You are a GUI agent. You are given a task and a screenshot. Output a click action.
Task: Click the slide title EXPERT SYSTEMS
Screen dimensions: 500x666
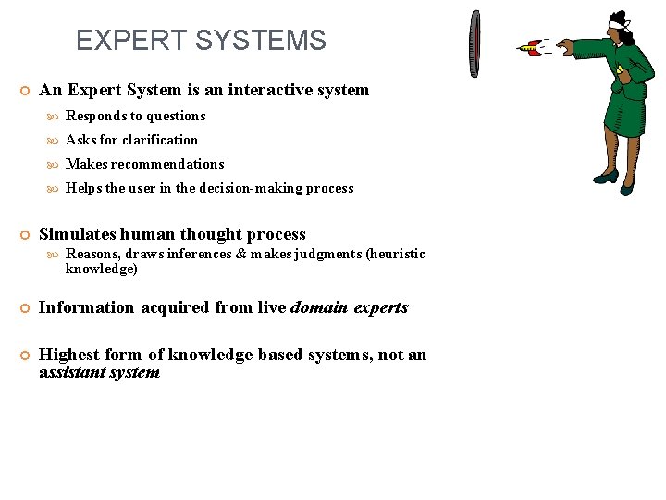point(201,41)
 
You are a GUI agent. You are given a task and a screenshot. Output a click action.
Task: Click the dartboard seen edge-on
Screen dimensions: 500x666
point(475,45)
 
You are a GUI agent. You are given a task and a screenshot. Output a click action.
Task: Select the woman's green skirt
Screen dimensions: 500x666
point(610,115)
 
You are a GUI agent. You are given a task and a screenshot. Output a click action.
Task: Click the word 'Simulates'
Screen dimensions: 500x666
point(78,235)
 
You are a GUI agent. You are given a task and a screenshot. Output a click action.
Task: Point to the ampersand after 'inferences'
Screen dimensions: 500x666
point(241,255)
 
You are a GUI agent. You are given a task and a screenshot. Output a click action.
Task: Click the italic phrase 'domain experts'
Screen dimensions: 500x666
point(349,308)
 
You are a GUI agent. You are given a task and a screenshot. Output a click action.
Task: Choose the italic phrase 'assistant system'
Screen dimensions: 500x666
point(99,373)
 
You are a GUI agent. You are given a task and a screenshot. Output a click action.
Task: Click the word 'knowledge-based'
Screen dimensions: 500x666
point(247,356)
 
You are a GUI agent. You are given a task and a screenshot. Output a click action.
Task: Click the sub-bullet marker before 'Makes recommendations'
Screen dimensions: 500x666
point(53,165)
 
